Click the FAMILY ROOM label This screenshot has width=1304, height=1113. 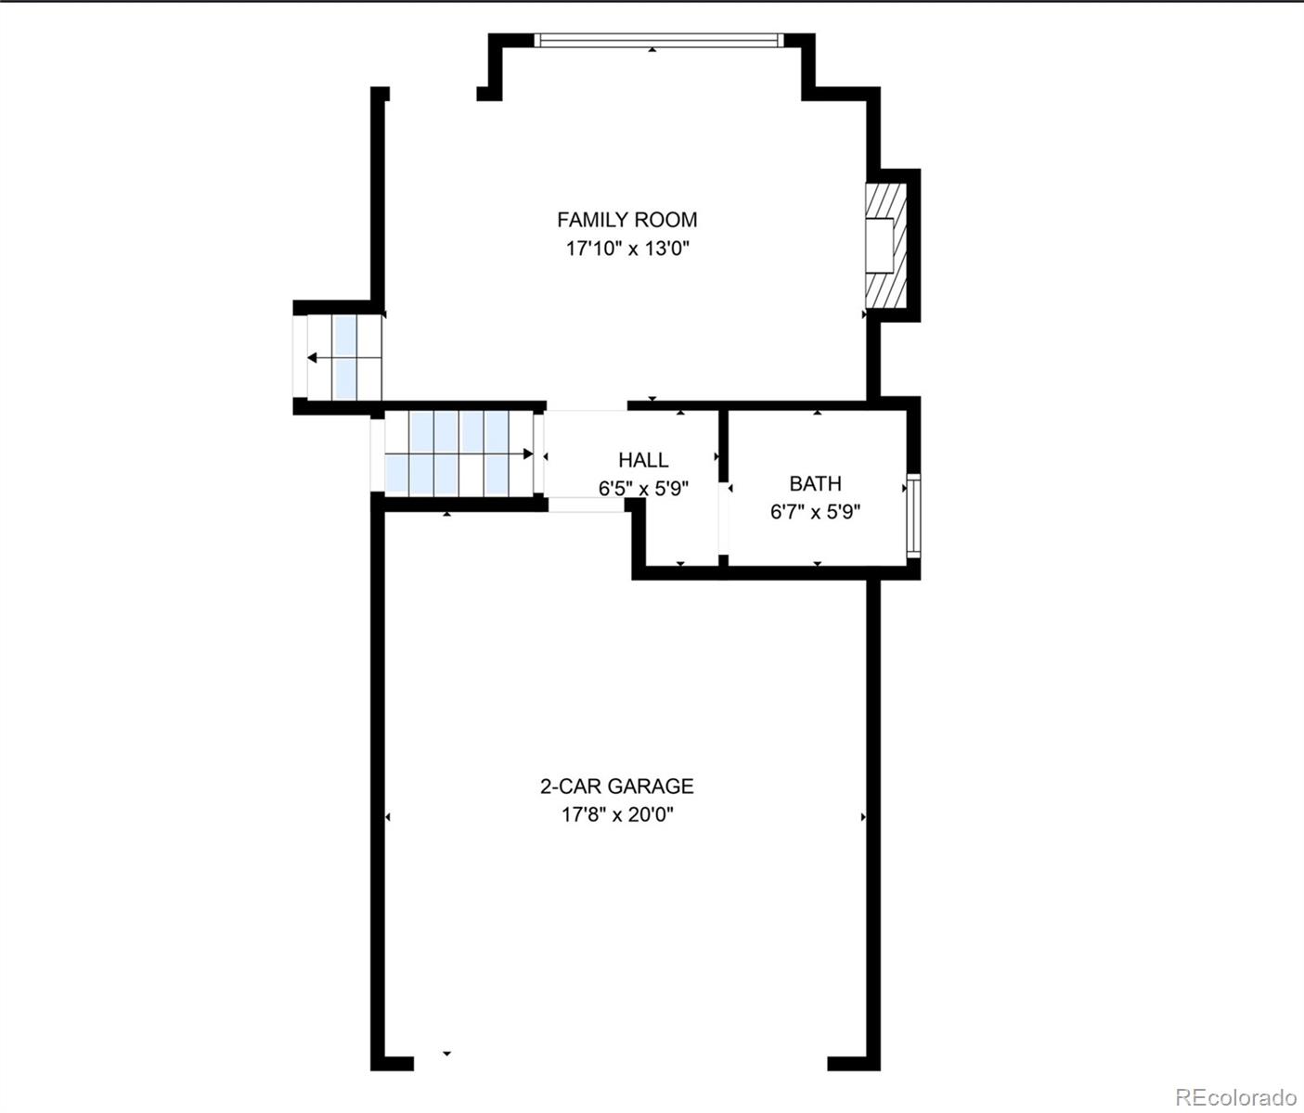[626, 220]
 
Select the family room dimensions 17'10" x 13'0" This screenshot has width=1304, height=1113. [626, 249]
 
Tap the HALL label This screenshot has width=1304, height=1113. [643, 460]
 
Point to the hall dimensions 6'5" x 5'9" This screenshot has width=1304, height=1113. [643, 489]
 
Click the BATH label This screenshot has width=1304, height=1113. [815, 483]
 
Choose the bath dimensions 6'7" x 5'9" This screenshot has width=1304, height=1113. [815, 512]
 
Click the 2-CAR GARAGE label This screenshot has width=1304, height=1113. [617, 786]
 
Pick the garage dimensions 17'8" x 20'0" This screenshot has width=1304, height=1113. [617, 815]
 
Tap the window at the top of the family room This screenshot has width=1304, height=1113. [659, 40]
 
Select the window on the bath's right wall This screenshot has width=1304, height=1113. [914, 514]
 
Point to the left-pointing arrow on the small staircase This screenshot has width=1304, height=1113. [314, 358]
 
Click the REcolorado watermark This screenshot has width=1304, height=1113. [1236, 1096]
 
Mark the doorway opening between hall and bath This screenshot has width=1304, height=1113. [724, 524]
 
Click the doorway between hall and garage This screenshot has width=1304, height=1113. [585, 505]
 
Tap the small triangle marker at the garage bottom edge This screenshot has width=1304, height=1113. [446, 1054]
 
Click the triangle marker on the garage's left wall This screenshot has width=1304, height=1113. [388, 817]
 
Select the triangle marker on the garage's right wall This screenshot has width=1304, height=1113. [863, 817]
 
